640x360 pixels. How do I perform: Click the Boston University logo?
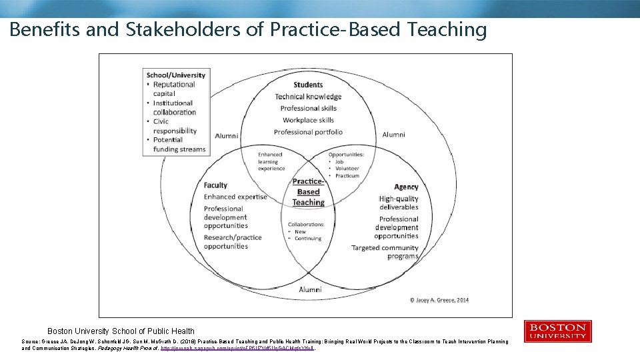(557, 331)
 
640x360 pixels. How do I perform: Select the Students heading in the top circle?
(308, 85)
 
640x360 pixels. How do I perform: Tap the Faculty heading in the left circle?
(215, 185)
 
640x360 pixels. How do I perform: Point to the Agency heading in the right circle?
(406, 187)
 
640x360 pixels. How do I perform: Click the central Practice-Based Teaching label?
(308, 192)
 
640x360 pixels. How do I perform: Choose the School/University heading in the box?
(176, 75)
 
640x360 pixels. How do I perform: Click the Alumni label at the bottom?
(310, 289)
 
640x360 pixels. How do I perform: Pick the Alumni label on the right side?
(393, 135)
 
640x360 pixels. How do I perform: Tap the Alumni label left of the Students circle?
(227, 136)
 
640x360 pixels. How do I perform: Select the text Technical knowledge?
(308, 97)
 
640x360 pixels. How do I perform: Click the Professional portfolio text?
(308, 132)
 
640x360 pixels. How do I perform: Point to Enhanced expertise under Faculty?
(235, 197)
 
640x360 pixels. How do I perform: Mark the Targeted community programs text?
(385, 252)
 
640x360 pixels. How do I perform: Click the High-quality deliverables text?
(399, 203)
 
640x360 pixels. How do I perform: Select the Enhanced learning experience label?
(271, 161)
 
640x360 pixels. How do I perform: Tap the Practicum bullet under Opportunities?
(347, 176)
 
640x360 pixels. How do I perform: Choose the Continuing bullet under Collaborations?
(307, 238)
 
